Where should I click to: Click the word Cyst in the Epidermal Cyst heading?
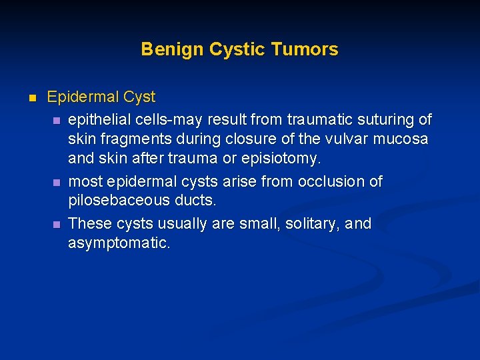(139, 97)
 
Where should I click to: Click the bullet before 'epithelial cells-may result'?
(57, 120)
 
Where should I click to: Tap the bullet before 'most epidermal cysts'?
(57, 182)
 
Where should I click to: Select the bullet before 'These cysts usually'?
(57, 223)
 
